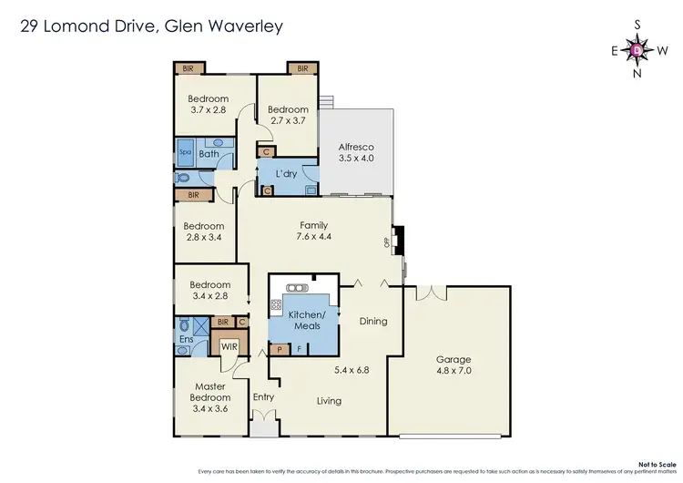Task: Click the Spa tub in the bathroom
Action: click(x=185, y=152)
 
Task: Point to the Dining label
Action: click(x=373, y=321)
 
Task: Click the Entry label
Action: click(x=263, y=396)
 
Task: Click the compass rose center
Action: click(x=637, y=50)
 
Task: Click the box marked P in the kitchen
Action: click(x=279, y=347)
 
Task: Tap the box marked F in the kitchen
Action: click(x=300, y=347)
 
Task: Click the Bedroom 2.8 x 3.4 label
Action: click(x=204, y=231)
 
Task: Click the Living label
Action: click(x=329, y=400)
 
